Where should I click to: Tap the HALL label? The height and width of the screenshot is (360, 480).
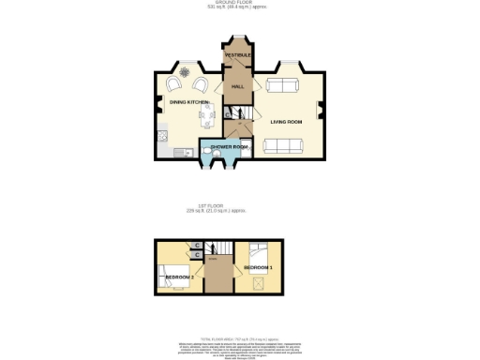[238, 86]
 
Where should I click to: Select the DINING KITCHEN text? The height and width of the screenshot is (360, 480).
[187, 102]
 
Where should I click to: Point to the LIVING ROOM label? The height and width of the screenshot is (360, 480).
[286, 122]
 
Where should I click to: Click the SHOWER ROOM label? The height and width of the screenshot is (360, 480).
[229, 147]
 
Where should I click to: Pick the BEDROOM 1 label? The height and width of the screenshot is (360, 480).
[259, 268]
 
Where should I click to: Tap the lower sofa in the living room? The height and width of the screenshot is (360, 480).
[283, 146]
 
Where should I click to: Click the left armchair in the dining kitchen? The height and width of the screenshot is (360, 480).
[172, 83]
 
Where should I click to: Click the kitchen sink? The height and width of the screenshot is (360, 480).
[164, 139]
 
